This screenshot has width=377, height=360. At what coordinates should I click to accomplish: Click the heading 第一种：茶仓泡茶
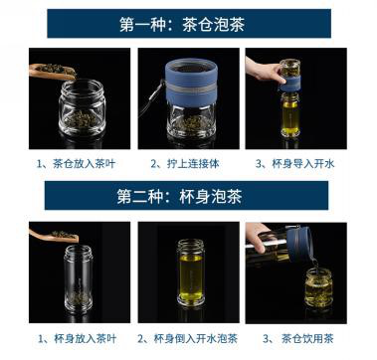coord(182,25)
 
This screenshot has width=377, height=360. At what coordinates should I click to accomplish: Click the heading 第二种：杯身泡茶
coord(179,196)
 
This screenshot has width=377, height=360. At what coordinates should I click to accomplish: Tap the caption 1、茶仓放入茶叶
coord(76,164)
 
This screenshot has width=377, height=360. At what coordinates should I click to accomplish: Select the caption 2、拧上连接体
coord(185,164)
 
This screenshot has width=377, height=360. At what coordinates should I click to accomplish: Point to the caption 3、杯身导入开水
coord(295,164)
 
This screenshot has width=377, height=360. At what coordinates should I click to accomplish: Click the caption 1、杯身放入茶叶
coord(78,339)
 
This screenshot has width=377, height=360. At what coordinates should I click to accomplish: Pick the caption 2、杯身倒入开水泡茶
coord(188,339)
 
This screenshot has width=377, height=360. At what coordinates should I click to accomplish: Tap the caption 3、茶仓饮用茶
coord(298,339)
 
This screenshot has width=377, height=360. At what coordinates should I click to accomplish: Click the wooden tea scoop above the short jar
coord(53,71)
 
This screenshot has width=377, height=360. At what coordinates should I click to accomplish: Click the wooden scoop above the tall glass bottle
coord(54,235)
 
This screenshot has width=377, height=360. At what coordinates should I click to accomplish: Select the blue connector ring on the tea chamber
coord(191,83)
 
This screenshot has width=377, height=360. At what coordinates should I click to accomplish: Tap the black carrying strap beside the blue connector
coord(151,98)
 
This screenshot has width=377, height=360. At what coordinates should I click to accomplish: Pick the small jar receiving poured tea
coord(318,287)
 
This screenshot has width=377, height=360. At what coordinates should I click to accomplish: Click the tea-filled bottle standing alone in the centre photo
coord(190,272)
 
